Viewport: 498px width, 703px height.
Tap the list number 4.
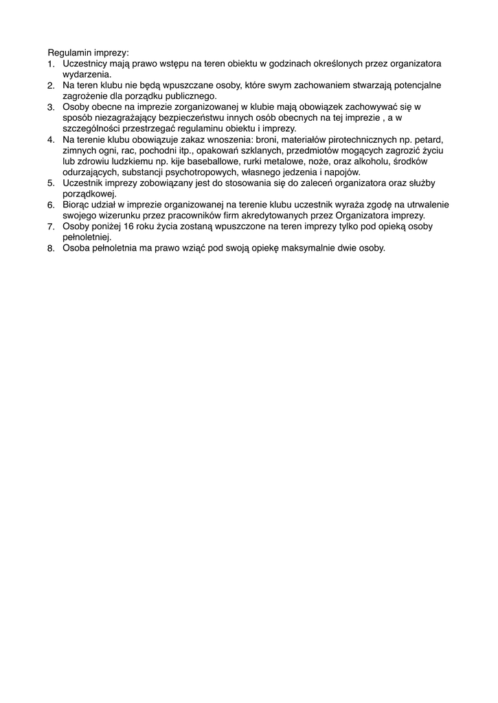click(51, 140)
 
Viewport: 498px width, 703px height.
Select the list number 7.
click(51, 227)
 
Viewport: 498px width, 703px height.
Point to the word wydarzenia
click(87, 74)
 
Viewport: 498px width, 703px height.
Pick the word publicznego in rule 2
click(187, 96)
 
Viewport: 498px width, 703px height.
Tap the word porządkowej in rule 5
click(89, 194)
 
